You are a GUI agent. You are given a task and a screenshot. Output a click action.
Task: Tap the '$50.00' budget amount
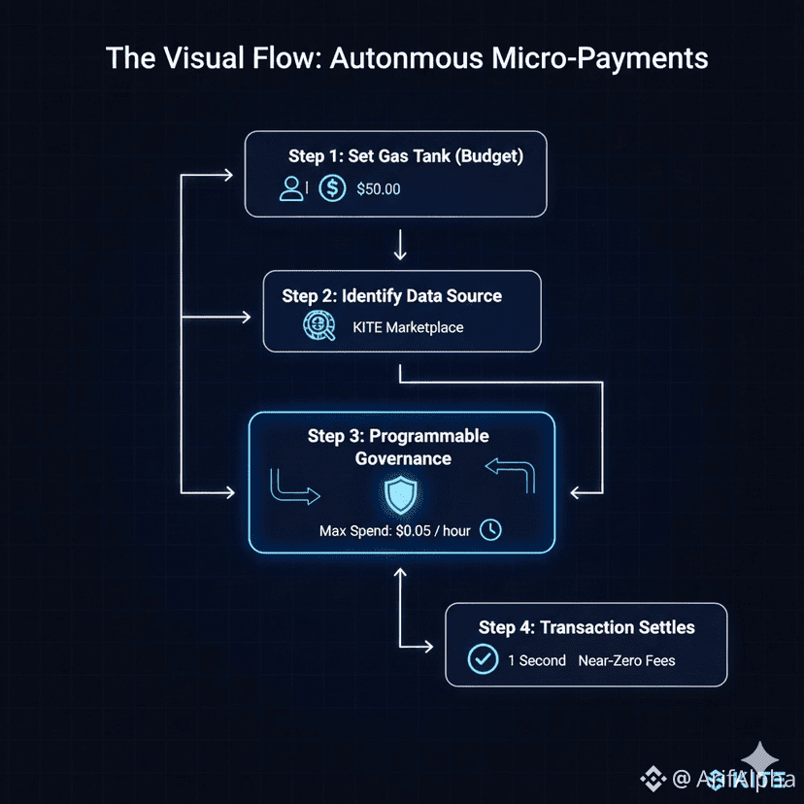378,189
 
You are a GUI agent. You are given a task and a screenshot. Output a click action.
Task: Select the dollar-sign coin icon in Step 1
332,188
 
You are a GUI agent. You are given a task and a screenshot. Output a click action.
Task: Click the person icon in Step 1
291,188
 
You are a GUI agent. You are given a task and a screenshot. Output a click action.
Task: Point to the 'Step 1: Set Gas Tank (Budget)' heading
405,156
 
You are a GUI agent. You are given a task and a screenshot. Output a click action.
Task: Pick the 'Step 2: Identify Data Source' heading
392,295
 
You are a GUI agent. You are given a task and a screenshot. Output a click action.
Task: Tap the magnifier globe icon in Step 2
318,326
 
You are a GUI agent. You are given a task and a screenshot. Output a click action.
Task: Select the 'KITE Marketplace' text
408,327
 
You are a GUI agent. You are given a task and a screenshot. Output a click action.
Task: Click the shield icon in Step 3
399,496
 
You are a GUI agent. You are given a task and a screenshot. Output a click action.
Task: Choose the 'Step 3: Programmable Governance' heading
398,447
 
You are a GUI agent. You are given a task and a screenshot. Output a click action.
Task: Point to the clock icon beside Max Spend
491,530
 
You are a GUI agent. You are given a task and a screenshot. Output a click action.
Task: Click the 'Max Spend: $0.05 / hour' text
395,531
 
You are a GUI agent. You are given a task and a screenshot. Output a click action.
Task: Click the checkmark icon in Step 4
483,659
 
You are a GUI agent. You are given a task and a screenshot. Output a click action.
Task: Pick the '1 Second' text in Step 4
536,660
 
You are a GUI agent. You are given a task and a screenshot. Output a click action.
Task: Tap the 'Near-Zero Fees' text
626,660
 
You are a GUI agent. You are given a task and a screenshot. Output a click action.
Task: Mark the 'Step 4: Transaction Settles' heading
586,627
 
